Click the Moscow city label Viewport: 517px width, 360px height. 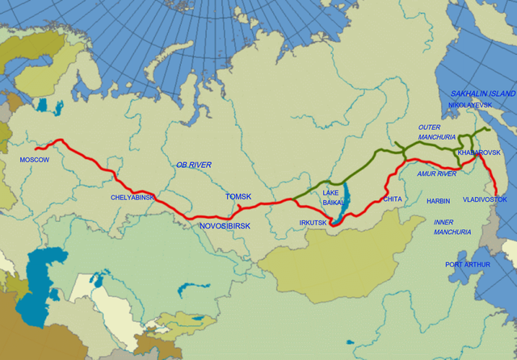click(35, 160)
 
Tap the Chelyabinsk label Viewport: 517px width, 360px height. click(132, 197)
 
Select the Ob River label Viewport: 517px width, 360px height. click(194, 165)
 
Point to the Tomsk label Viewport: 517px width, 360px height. click(238, 197)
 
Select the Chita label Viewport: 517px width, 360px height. click(393, 199)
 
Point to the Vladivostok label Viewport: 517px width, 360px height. click(485, 199)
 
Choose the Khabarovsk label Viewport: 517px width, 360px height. click(479, 153)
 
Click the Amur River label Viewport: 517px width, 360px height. click(437, 174)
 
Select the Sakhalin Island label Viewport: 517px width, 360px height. click(481, 94)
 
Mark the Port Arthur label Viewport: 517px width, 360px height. click(466, 264)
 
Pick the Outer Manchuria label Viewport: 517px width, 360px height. click(437, 132)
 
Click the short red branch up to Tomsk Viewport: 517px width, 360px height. click(239, 207)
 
